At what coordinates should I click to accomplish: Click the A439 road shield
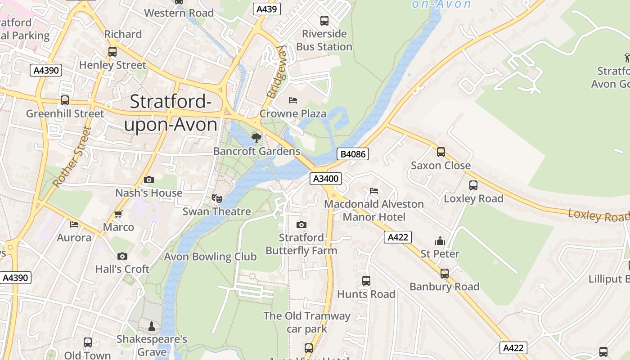click(x=266, y=9)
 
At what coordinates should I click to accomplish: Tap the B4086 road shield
click(x=353, y=154)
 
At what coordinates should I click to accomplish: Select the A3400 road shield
click(x=326, y=179)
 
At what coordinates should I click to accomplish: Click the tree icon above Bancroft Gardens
click(x=256, y=138)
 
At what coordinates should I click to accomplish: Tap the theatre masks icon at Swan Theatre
click(x=217, y=198)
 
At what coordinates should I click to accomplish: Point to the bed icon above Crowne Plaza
click(x=293, y=100)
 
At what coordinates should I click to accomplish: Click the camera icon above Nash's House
click(x=149, y=180)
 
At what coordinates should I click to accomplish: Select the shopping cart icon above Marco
click(x=118, y=214)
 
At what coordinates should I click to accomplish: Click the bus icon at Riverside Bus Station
click(x=324, y=20)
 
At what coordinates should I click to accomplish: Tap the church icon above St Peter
click(x=440, y=241)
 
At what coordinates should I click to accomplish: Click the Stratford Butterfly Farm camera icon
click(x=301, y=225)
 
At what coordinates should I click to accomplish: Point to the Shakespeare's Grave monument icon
click(x=152, y=325)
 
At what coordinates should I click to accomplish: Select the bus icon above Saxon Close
click(x=441, y=152)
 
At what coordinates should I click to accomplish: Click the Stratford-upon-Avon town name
click(x=171, y=113)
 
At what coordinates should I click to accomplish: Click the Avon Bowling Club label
click(x=210, y=257)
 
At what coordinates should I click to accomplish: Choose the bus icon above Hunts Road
click(x=366, y=281)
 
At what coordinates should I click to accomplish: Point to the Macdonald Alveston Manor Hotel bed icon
click(x=374, y=191)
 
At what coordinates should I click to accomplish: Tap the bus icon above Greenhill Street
click(x=65, y=100)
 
